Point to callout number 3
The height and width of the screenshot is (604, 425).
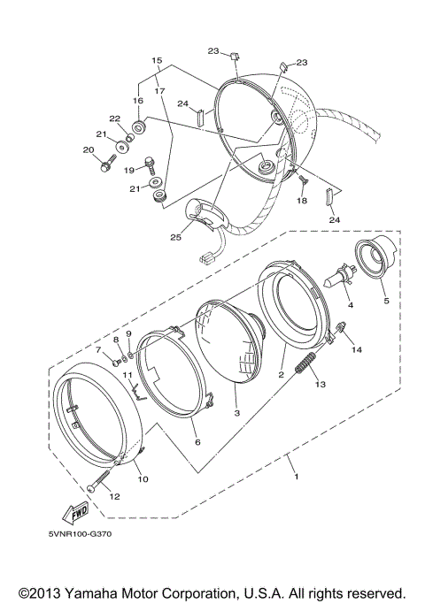tap(236, 413)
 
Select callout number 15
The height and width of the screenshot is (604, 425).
tap(157, 61)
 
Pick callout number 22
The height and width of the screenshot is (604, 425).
tap(114, 119)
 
